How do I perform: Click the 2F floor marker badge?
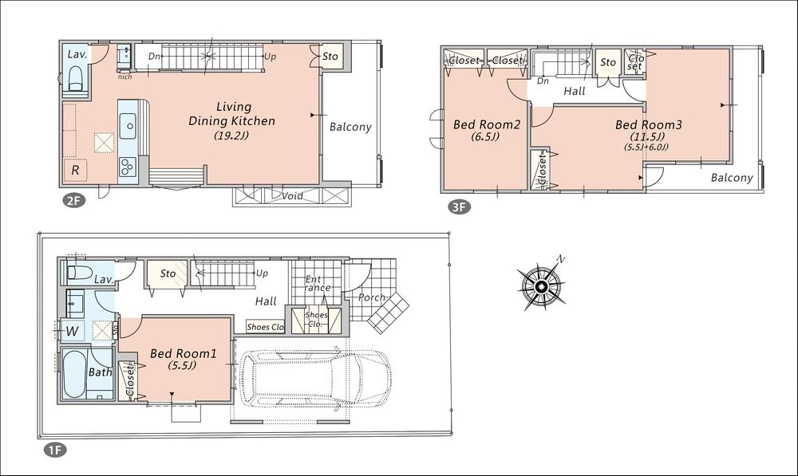click(x=73, y=200)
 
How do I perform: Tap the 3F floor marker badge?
click(x=458, y=208)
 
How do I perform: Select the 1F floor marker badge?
click(x=54, y=450)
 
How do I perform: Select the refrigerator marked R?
click(x=75, y=170)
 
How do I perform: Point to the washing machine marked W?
click(x=72, y=329)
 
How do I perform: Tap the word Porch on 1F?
click(x=372, y=297)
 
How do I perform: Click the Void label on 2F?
click(x=292, y=195)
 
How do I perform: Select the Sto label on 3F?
click(x=608, y=61)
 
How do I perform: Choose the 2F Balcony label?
click(x=350, y=127)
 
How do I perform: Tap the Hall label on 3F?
click(x=574, y=91)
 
